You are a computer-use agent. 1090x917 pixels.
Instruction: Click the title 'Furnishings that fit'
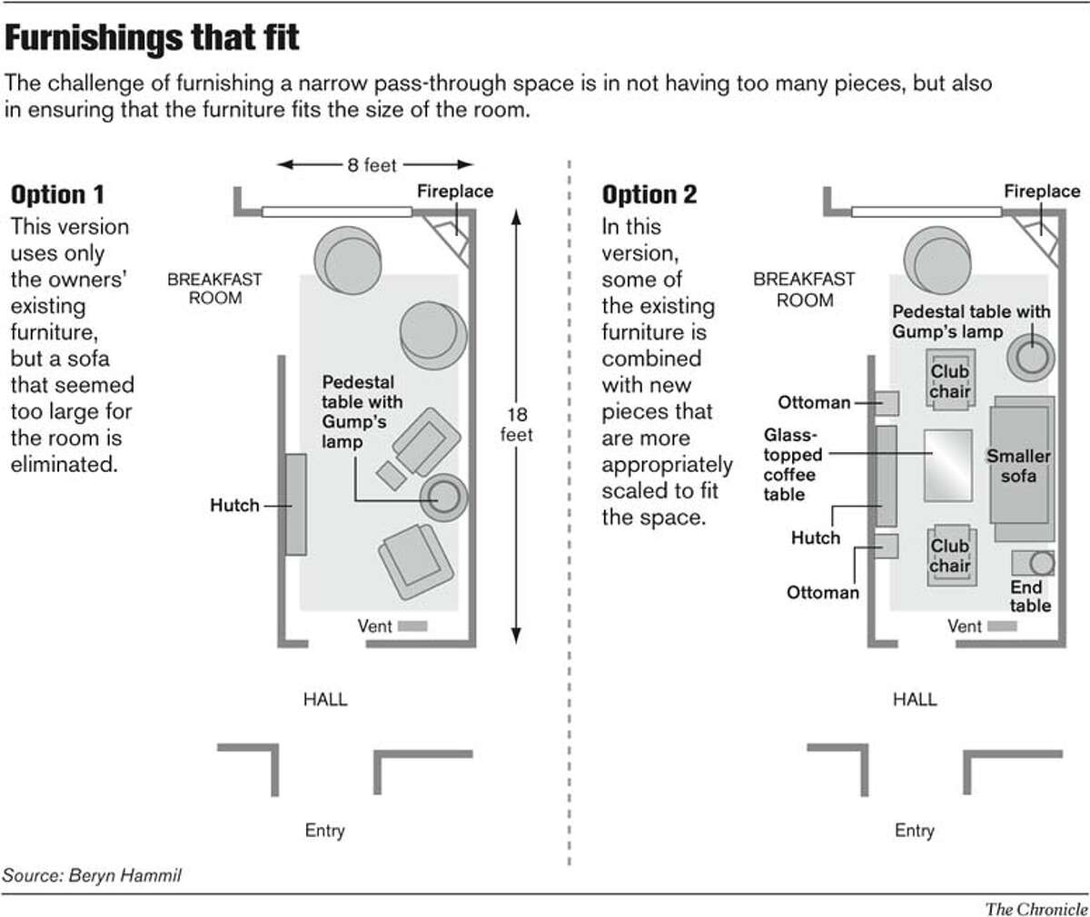pyautogui.click(x=152, y=40)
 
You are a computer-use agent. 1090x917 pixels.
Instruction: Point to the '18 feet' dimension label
pyautogui.click(x=517, y=424)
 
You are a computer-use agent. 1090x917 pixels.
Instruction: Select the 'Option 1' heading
pyautogui.click(x=57, y=194)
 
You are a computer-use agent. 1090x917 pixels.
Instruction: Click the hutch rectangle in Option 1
pyautogui.click(x=295, y=505)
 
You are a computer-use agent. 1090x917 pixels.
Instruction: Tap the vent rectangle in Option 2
pyautogui.click(x=1002, y=626)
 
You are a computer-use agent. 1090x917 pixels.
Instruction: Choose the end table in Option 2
pyautogui.click(x=1034, y=564)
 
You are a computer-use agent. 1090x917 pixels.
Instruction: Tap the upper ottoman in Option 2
pyautogui.click(x=886, y=403)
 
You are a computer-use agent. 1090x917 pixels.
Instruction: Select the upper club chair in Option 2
pyautogui.click(x=949, y=379)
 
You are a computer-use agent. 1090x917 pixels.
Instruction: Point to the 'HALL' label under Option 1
pyautogui.click(x=324, y=700)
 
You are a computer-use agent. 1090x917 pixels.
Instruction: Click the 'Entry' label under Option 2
pyautogui.click(x=914, y=830)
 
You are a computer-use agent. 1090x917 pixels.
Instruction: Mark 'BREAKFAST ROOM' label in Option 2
pyautogui.click(x=804, y=290)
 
